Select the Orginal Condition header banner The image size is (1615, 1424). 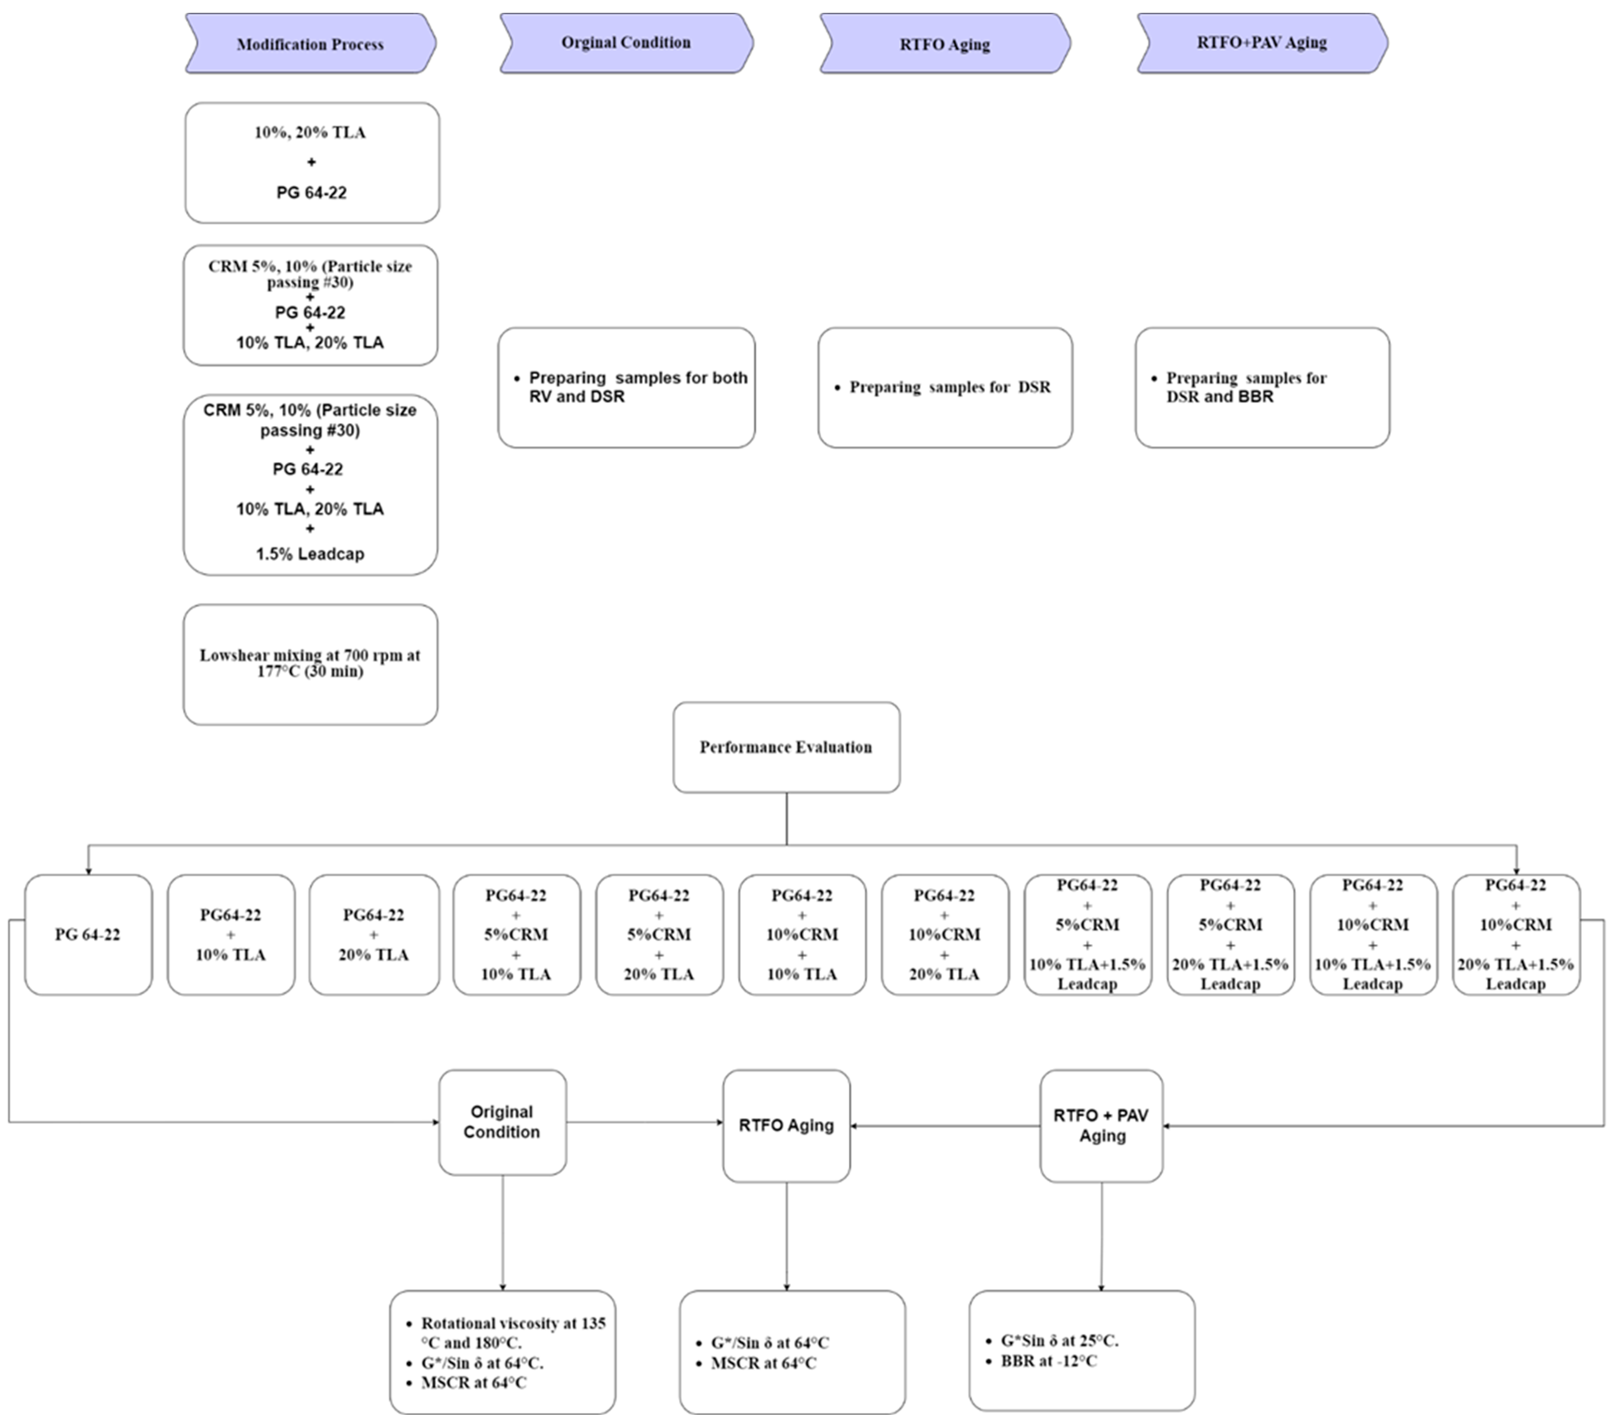pos(626,43)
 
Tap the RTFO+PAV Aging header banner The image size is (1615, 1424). pos(1262,43)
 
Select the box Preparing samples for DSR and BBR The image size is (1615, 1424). pos(1262,387)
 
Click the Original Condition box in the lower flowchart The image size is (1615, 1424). pos(502,1122)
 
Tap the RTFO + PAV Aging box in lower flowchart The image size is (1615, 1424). pos(1101,1125)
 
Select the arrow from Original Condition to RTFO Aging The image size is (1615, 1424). pos(644,1122)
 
